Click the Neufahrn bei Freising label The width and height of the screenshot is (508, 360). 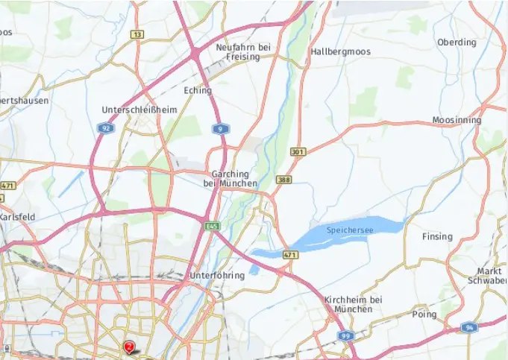coord(242,52)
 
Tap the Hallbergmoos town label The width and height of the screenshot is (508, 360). coord(340,52)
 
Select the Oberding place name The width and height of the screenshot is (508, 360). coord(457,42)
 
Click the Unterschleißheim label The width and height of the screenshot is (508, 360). coord(139,110)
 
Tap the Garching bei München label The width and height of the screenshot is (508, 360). coord(231,178)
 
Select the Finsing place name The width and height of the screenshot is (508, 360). coord(437,237)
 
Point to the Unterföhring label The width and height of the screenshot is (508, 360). coord(217,276)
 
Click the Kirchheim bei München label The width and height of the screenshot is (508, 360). coord(354,304)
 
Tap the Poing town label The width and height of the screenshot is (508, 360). coord(424,315)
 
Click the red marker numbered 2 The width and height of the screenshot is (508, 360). coord(129,347)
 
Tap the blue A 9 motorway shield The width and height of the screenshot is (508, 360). coord(219,129)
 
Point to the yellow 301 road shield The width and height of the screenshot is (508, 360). coord(298,152)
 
